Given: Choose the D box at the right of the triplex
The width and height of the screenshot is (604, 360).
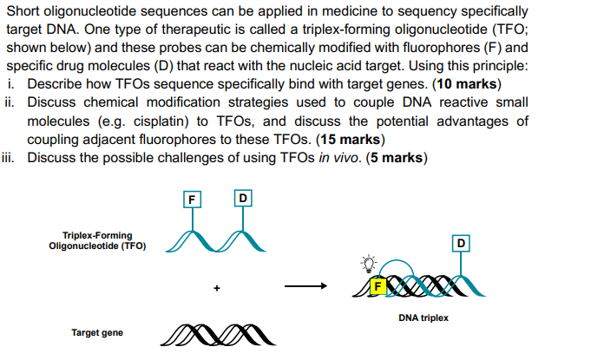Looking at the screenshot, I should point(462,242).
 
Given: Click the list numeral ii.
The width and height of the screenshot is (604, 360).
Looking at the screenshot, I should point(10,102).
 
